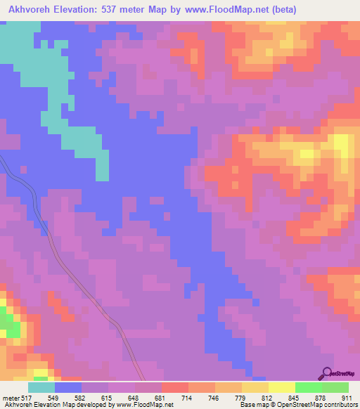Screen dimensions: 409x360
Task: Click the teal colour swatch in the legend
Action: pos(41,387)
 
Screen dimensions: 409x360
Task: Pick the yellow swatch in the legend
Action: pos(281,387)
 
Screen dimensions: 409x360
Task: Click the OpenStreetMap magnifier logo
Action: pos(327,372)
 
